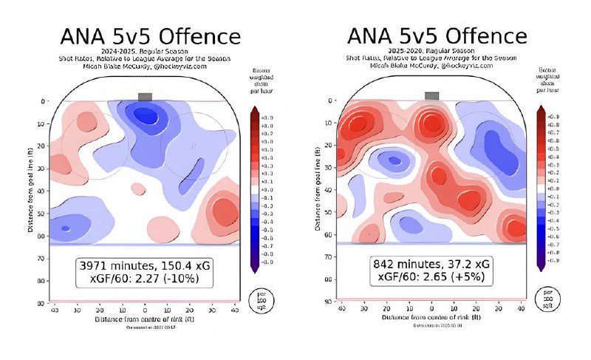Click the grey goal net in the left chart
[145, 97]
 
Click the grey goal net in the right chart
[431, 95]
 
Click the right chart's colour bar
[542, 186]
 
